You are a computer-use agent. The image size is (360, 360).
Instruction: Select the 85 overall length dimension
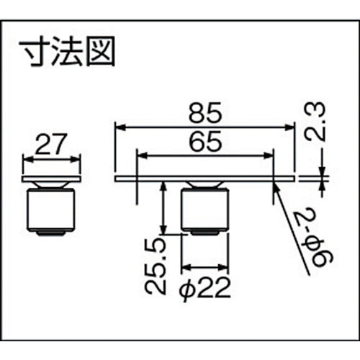(206, 114)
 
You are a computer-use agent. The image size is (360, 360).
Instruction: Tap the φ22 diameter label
(204, 288)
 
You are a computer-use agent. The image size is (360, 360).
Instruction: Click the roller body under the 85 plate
(204, 209)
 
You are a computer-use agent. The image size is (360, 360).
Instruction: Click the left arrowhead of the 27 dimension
(27, 160)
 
